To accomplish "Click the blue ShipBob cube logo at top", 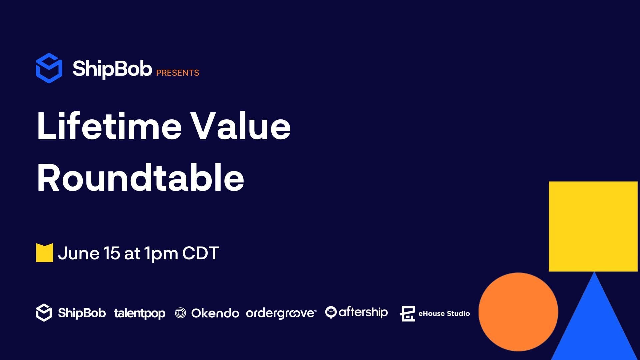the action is pyautogui.click(x=49, y=68).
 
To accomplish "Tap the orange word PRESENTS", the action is pyautogui.click(x=178, y=73).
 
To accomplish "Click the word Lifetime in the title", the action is pyautogui.click(x=109, y=126).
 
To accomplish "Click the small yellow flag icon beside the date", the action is pyautogui.click(x=45, y=253).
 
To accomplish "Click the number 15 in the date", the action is pyautogui.click(x=111, y=253).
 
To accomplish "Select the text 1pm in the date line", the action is pyautogui.click(x=161, y=254).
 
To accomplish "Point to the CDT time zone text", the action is pyautogui.click(x=201, y=253).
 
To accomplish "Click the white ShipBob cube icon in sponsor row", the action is pyautogui.click(x=44, y=313).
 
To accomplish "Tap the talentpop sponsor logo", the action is pyautogui.click(x=140, y=314).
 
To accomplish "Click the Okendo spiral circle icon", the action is pyautogui.click(x=180, y=313).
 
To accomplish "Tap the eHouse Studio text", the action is pyautogui.click(x=444, y=313).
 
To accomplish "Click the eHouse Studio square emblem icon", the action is pyautogui.click(x=407, y=314).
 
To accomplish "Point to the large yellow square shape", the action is pyautogui.click(x=593, y=226).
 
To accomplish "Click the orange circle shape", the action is pyautogui.click(x=518, y=312).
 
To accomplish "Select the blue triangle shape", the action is pyautogui.click(x=594, y=323).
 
